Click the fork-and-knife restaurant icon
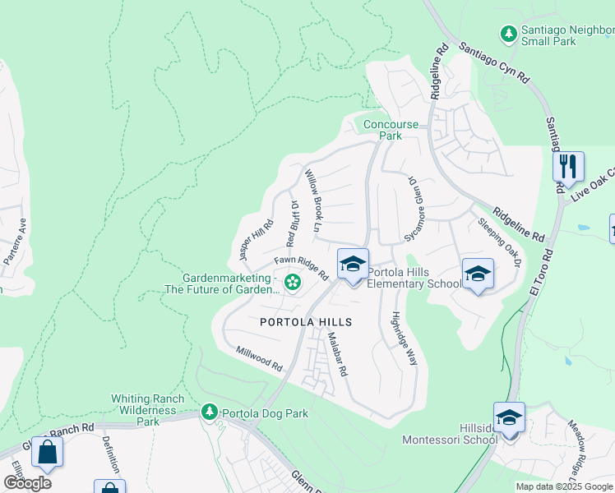(x=568, y=167)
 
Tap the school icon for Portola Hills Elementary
(x=353, y=265)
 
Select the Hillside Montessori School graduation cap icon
(x=509, y=417)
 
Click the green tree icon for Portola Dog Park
(x=210, y=411)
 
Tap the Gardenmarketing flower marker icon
(x=291, y=283)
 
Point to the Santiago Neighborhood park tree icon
(x=509, y=34)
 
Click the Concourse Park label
(x=391, y=130)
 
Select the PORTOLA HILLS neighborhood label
(x=306, y=322)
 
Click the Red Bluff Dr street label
(x=291, y=223)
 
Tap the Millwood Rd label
(x=259, y=356)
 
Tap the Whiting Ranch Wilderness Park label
(x=144, y=410)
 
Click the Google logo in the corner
(x=27, y=482)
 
